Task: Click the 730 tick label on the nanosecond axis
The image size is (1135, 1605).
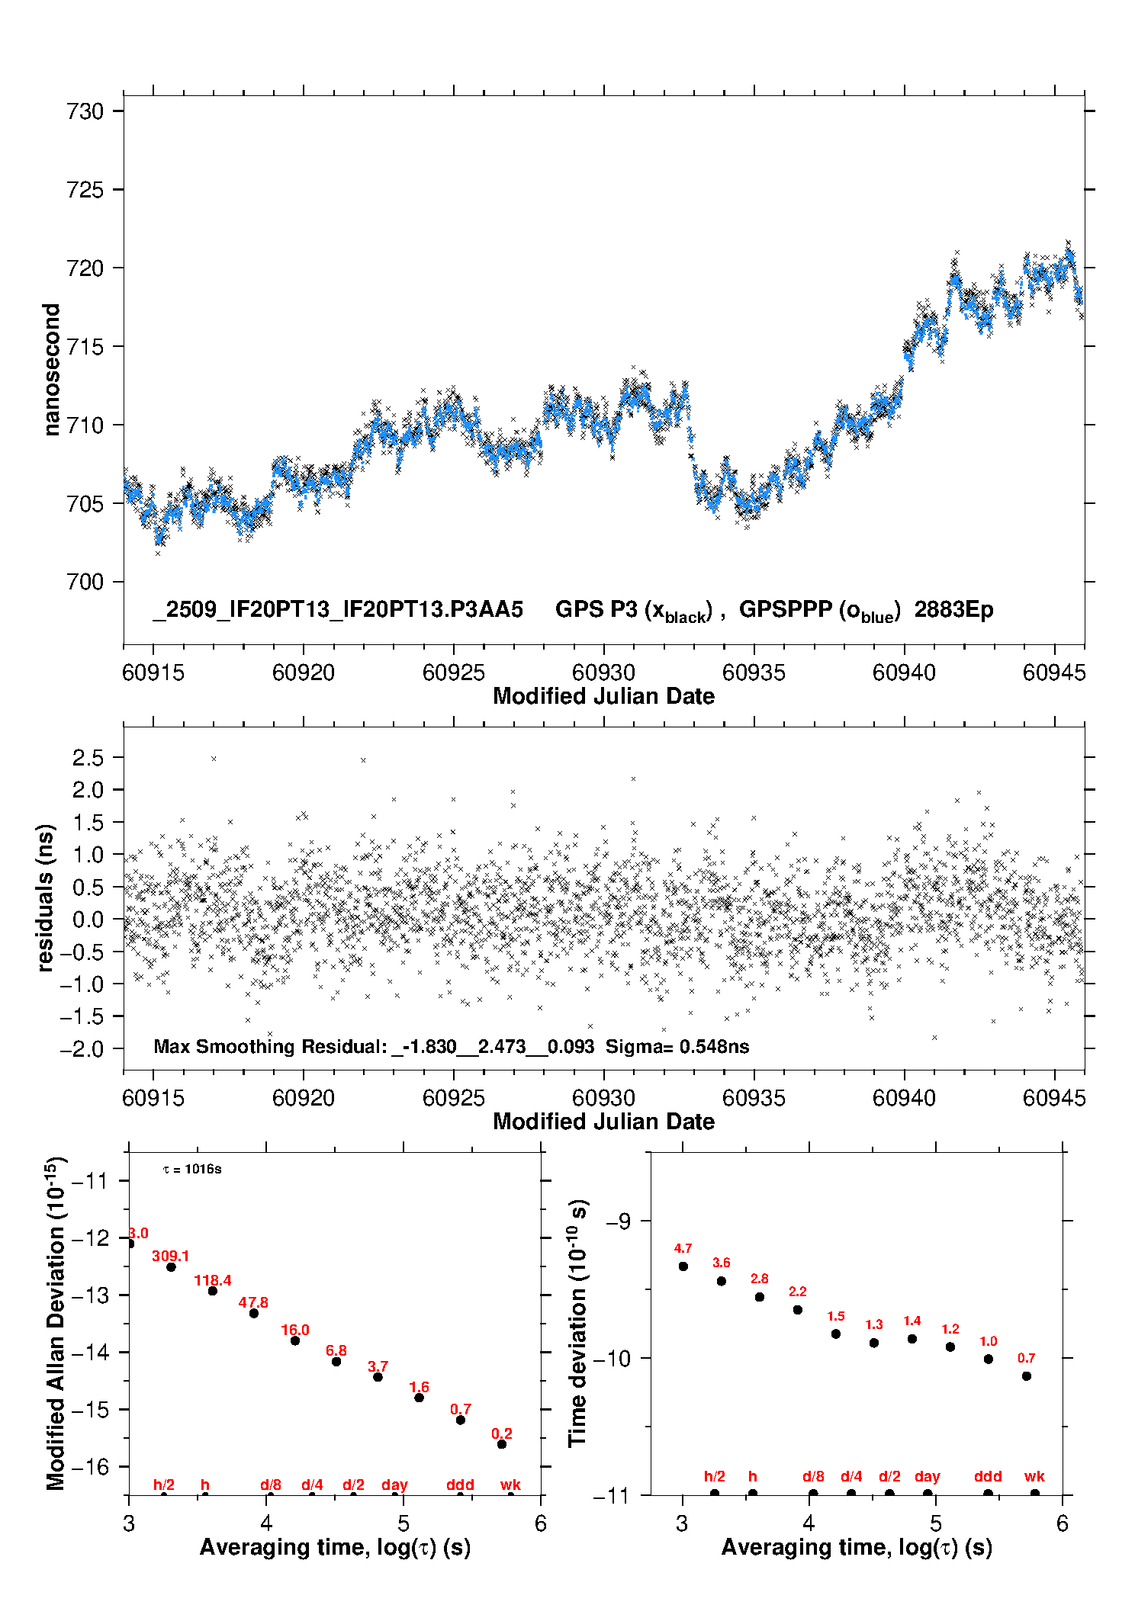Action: (85, 111)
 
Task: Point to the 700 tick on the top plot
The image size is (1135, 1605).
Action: (85, 582)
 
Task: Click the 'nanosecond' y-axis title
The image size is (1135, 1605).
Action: (51, 369)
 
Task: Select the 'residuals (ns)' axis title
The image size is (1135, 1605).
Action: (45, 897)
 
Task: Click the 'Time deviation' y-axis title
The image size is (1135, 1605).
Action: (578, 1323)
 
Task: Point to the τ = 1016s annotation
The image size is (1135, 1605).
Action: (192, 1170)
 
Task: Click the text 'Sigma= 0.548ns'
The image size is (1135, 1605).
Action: (677, 1046)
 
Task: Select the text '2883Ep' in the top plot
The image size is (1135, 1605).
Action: (953, 610)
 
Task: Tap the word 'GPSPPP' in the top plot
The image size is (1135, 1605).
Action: (786, 610)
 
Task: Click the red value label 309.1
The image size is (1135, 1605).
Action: (170, 1256)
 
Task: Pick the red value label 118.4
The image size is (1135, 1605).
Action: (213, 1280)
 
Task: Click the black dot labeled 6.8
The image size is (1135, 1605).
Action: (336, 1361)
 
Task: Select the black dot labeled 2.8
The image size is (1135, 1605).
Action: (760, 1297)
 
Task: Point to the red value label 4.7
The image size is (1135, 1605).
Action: (683, 1248)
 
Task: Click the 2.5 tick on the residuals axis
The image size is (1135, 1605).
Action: (88, 758)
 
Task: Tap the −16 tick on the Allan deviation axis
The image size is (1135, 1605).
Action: (89, 1466)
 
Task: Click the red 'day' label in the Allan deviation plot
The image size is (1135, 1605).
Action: (394, 1485)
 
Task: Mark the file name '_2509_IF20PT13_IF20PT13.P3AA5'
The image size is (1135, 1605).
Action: (338, 610)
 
